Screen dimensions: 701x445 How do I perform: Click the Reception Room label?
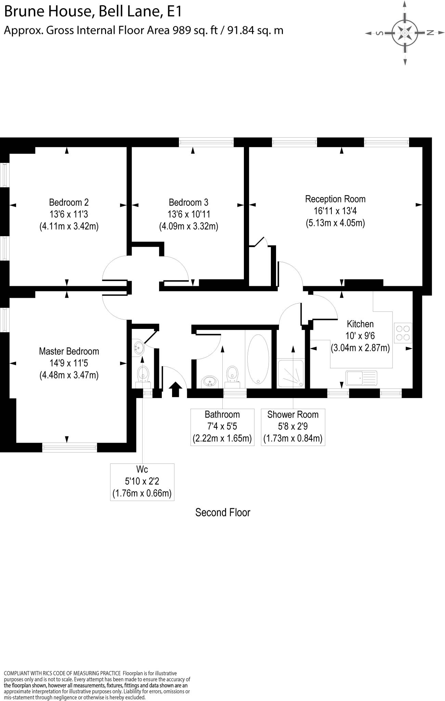point(335,199)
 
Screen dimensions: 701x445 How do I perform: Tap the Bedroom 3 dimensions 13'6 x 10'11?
point(188,214)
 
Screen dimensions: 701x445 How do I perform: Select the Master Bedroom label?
point(69,351)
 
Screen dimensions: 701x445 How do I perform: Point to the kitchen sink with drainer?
point(361,378)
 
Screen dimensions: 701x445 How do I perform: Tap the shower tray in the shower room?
point(290,373)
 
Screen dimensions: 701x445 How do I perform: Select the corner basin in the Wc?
point(139,348)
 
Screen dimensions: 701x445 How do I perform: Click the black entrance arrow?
point(175,390)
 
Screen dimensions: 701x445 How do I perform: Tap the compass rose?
point(405,33)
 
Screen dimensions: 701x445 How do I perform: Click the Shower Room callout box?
point(293,427)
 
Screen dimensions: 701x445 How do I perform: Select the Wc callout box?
point(142,482)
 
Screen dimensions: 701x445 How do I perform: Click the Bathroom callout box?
point(222,427)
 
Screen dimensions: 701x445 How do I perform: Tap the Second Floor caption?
point(223,512)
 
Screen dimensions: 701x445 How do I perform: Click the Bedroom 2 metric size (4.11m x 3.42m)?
point(69,226)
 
